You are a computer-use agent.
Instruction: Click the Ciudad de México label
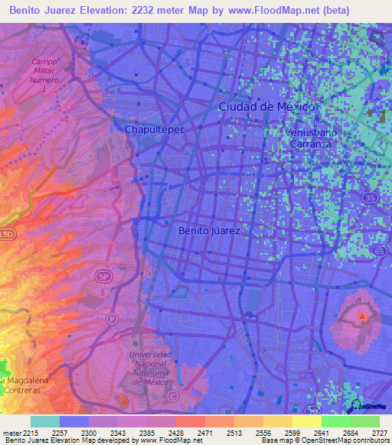[x=266, y=107]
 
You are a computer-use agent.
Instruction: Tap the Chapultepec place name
[x=155, y=130]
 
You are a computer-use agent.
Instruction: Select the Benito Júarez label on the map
[x=209, y=229]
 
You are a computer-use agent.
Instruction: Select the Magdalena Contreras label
[x=23, y=385]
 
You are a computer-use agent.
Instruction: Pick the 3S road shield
[x=371, y=197]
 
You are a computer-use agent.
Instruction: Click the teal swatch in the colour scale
[x=45, y=421]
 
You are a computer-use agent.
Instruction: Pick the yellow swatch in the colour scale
[x=306, y=421]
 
